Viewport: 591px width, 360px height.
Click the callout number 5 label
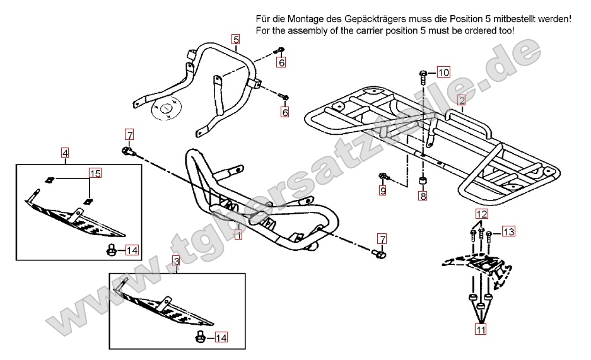[x=235, y=39]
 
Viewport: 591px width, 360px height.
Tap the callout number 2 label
[x=462, y=100]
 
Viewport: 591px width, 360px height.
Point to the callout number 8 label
[x=423, y=196]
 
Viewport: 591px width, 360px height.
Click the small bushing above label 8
[x=423, y=182]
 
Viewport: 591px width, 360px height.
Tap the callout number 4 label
[x=65, y=152]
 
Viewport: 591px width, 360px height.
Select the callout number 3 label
[x=177, y=260]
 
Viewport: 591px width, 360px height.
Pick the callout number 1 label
[x=238, y=235]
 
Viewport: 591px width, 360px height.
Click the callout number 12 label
[x=481, y=214]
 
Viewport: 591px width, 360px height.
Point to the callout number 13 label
[x=508, y=232]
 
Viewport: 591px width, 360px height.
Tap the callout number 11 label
[x=481, y=328]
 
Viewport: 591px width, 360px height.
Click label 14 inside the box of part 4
[x=131, y=250]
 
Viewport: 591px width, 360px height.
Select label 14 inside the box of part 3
[x=221, y=338]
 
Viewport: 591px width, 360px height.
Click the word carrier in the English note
[x=379, y=31]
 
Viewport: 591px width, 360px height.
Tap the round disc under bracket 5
[x=166, y=109]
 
